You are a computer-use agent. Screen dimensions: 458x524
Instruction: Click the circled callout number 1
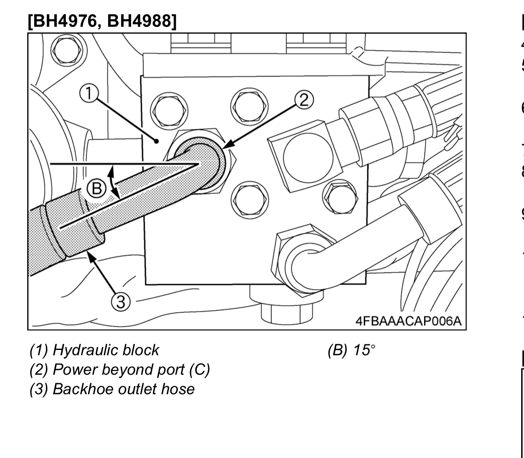(x=89, y=93)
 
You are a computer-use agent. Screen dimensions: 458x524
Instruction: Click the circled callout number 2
(x=304, y=99)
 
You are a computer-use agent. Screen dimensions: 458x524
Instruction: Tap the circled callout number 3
(x=121, y=302)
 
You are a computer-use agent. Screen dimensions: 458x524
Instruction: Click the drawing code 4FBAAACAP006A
(x=408, y=321)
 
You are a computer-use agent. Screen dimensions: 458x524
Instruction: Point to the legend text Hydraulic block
(x=106, y=350)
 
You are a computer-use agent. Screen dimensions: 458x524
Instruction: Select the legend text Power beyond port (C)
(x=131, y=369)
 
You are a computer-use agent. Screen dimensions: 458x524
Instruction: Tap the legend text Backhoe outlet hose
(x=123, y=389)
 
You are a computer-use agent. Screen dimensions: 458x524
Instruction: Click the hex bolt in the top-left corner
(x=68, y=50)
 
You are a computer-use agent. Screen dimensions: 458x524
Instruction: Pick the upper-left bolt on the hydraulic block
(x=169, y=110)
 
